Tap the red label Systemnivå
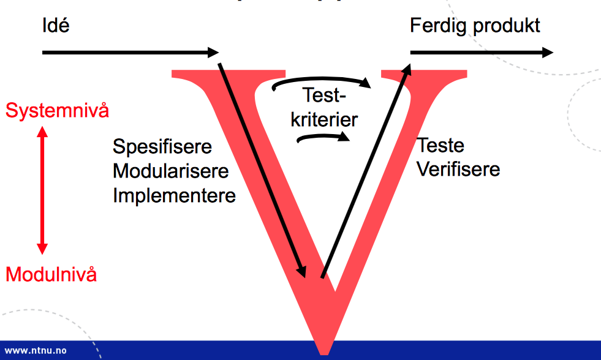pyautogui.click(x=57, y=111)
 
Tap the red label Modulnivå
pyautogui.click(x=51, y=274)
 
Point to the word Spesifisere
pyautogui.click(x=162, y=147)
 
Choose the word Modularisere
pyautogui.click(x=171, y=171)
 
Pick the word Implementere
pyautogui.click(x=175, y=195)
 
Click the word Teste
pyautogui.click(x=440, y=146)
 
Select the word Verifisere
pyautogui.click(x=458, y=169)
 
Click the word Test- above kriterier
pyautogui.click(x=325, y=96)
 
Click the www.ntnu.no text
pyautogui.click(x=36, y=351)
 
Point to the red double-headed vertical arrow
pyautogui.click(x=42, y=190)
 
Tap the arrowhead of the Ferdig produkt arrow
pyautogui.click(x=547, y=53)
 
